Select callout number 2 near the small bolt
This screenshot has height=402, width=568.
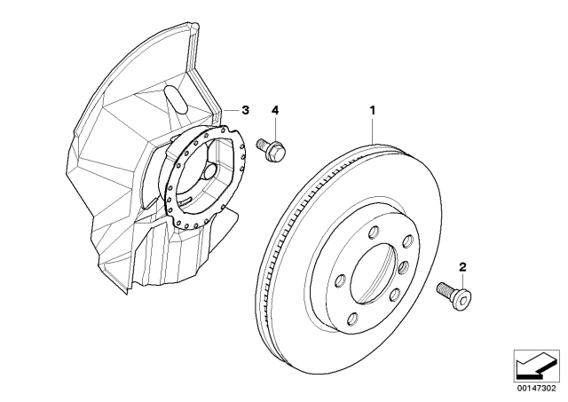click(461, 266)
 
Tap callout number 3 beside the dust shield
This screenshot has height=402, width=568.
click(246, 110)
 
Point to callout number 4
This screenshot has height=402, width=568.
click(274, 110)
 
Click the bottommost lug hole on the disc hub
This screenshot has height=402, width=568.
click(353, 320)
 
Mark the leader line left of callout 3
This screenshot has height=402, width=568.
click(229, 110)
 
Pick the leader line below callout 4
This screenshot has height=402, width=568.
click(274, 126)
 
